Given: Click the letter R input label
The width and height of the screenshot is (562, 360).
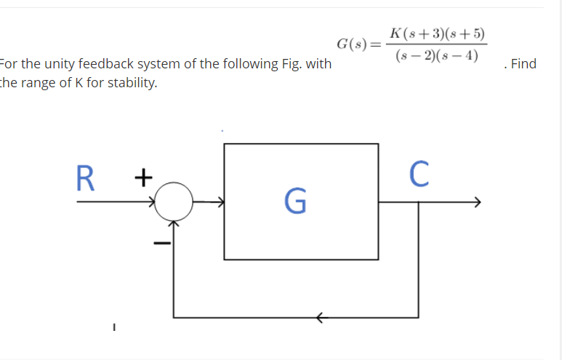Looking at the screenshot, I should pos(87,177).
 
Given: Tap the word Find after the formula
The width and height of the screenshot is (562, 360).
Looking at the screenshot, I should pos(523,64).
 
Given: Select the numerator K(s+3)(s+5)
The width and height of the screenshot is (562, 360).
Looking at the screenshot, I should pos(438,33).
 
